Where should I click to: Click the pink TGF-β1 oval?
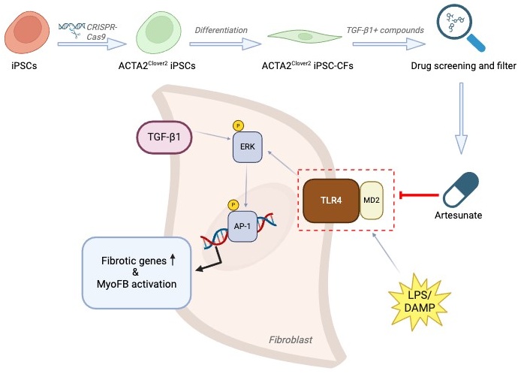(x=164, y=137)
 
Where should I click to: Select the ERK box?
(x=247, y=147)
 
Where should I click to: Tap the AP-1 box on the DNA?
(x=242, y=226)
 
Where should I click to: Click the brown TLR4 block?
(x=331, y=201)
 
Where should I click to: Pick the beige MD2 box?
(x=372, y=200)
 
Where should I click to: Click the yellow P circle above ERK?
(x=238, y=125)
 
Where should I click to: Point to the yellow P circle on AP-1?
(x=233, y=205)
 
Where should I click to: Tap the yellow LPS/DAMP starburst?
(x=420, y=302)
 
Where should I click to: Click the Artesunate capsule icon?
(x=461, y=190)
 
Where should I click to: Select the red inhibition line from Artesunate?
(x=419, y=195)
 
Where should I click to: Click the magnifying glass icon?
(x=460, y=28)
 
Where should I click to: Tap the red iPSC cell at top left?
(x=27, y=32)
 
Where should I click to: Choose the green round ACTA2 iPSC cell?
(x=158, y=32)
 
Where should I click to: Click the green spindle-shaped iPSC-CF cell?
(x=305, y=37)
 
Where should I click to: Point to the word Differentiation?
(x=221, y=30)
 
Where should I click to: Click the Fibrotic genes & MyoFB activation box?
(x=137, y=273)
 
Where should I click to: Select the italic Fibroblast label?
(x=291, y=339)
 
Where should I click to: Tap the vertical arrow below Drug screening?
(x=461, y=119)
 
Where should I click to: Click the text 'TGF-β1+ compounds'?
(x=385, y=30)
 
